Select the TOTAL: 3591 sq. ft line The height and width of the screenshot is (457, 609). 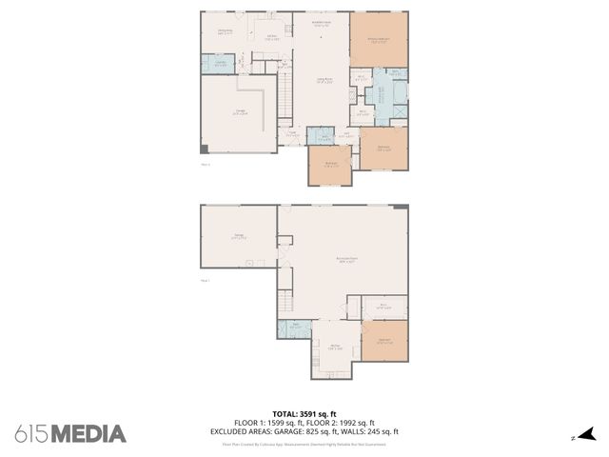tap(304, 414)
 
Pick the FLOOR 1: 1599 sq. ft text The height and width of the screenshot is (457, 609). tap(267, 423)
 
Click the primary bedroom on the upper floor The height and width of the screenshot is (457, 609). tap(378, 40)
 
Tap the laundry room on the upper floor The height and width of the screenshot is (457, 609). tap(219, 64)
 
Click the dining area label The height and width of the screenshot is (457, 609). tap(226, 32)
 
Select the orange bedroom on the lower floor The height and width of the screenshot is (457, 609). tap(384, 341)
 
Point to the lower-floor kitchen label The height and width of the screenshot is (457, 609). tap(335, 348)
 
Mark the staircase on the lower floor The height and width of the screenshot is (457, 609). tap(284, 303)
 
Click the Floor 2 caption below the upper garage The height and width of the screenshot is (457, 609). tap(206, 164)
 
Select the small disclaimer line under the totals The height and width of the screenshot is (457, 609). tap(304, 444)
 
